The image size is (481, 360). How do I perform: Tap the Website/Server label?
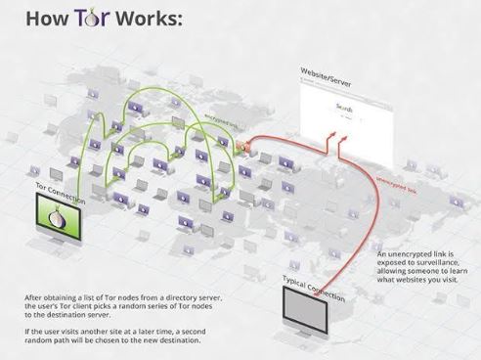(x=327, y=72)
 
